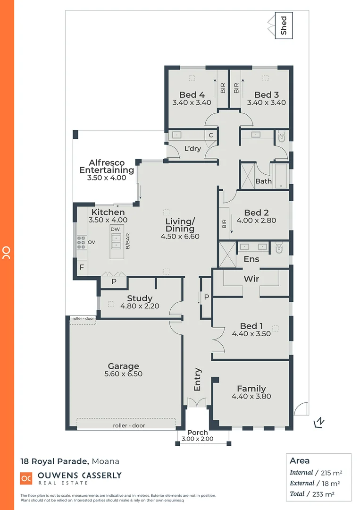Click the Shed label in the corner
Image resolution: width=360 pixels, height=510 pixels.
[284, 26]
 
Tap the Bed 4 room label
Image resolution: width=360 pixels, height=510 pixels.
[192, 94]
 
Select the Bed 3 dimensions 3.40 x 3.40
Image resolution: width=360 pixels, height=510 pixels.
[266, 102]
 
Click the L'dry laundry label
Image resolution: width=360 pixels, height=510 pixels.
[193, 148]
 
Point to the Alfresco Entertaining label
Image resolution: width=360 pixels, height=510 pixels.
[107, 166]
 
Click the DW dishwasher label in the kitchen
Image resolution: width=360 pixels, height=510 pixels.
[115, 229]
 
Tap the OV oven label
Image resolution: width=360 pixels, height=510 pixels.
[92, 242]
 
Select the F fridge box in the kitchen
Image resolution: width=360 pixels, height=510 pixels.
[82, 267]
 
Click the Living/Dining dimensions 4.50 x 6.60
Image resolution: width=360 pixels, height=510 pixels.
[180, 237]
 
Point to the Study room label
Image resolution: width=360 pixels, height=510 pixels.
[140, 298]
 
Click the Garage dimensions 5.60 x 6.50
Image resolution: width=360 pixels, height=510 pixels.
[123, 374]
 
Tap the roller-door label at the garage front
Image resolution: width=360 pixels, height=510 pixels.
[129, 425]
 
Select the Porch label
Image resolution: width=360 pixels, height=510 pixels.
[197, 433]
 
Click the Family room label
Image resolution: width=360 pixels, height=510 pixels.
[251, 389]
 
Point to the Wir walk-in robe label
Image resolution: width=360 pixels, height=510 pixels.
[251, 279]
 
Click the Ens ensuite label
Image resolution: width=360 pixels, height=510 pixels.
[251, 259]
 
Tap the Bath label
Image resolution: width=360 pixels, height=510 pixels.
[263, 181]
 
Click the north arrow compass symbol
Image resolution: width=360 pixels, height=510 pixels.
[319, 422]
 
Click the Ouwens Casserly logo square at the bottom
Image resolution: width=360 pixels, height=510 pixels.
[26, 478]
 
